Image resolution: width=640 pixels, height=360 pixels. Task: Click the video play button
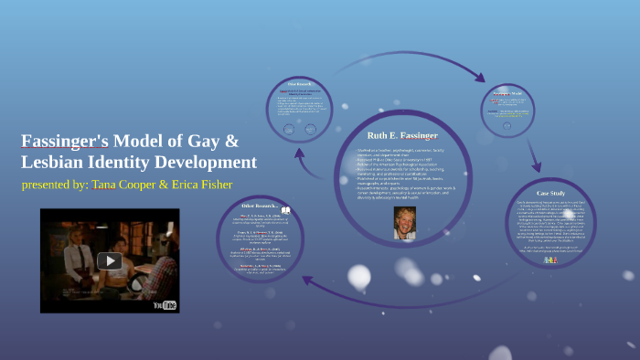(x=110, y=261)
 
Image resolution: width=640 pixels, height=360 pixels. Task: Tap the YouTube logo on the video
(x=165, y=304)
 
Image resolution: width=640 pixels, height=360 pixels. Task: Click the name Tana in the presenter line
(x=106, y=185)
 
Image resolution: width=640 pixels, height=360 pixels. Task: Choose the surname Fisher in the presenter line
(x=213, y=185)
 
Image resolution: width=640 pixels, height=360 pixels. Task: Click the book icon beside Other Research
(x=285, y=209)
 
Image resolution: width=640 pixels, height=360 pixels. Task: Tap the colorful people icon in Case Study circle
(x=550, y=259)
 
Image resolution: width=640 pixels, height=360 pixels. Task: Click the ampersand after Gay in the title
(x=231, y=142)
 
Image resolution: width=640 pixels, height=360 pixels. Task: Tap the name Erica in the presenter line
(x=188, y=185)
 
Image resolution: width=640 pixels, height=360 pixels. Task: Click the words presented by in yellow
(x=54, y=185)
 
